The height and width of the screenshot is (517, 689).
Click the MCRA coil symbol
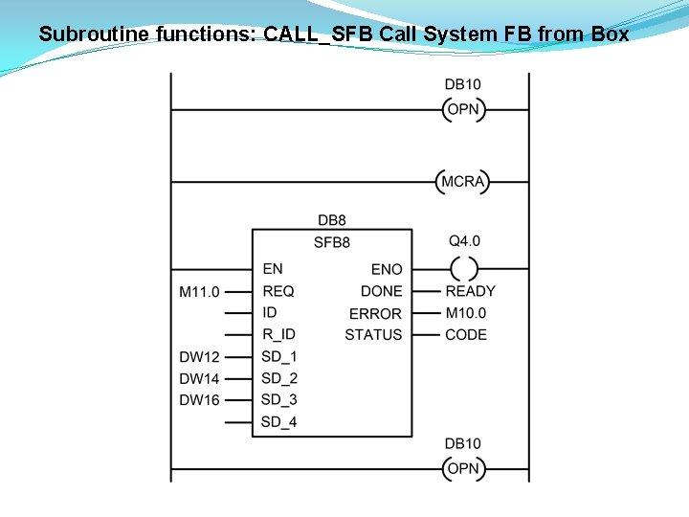pos(463,181)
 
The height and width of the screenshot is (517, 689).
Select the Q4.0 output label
pos(464,241)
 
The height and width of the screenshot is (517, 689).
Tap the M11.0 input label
pos(199,291)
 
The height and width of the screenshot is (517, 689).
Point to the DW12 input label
pos(199,357)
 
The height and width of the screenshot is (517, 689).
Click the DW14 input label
pos(199,378)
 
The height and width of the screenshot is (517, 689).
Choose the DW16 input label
pos(199,399)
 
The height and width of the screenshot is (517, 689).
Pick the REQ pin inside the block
pos(278,291)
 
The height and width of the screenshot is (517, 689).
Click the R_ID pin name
pos(279,334)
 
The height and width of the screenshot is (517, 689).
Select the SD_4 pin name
pos(279,422)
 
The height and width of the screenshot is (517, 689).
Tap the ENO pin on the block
pos(387,270)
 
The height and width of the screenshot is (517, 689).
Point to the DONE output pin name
pos(381,291)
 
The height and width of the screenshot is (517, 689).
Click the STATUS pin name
pos(373,334)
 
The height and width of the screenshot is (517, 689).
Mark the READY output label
pos(471,291)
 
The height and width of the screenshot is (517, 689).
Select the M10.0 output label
pos(466,313)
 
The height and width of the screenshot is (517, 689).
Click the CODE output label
pos(466,334)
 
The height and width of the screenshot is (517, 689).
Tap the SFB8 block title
pos(332,242)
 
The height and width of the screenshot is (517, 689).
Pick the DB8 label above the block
pos(332,221)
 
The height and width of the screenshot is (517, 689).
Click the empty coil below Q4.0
pos(463,269)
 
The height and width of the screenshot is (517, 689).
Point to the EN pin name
pos(272,269)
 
